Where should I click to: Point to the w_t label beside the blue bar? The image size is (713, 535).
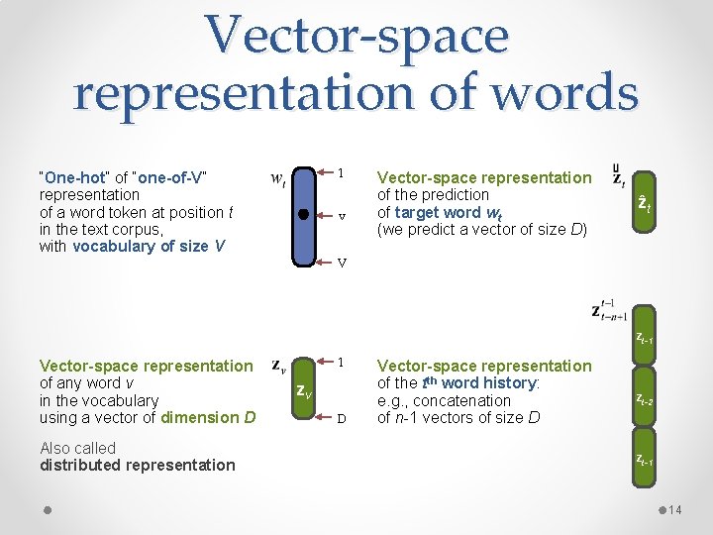279,179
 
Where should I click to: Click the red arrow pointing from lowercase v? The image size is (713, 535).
324,214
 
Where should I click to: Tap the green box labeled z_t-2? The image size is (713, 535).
644,400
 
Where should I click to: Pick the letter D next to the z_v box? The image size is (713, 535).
341,418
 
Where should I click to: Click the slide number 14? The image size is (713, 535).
675,510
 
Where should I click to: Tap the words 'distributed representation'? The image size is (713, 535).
138,466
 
